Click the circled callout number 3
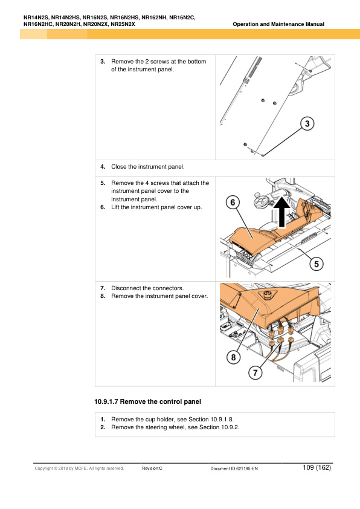[x=307, y=124]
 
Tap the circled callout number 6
[x=233, y=203]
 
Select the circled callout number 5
[x=317, y=264]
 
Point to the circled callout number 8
[x=233, y=357]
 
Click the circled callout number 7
[x=256, y=372]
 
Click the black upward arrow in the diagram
[x=282, y=212]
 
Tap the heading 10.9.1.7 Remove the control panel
[x=147, y=401]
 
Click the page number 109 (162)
[x=317, y=467]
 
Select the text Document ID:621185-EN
[x=234, y=468]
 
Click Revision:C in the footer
[x=152, y=468]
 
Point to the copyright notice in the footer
[x=79, y=468]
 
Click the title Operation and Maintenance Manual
[x=278, y=24]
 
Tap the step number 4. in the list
[x=103, y=167]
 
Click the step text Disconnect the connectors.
[x=147, y=288]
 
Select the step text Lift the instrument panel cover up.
[x=156, y=207]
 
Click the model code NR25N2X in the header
[x=123, y=24]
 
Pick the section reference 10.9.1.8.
[x=222, y=420]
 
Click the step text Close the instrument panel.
[x=148, y=167]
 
